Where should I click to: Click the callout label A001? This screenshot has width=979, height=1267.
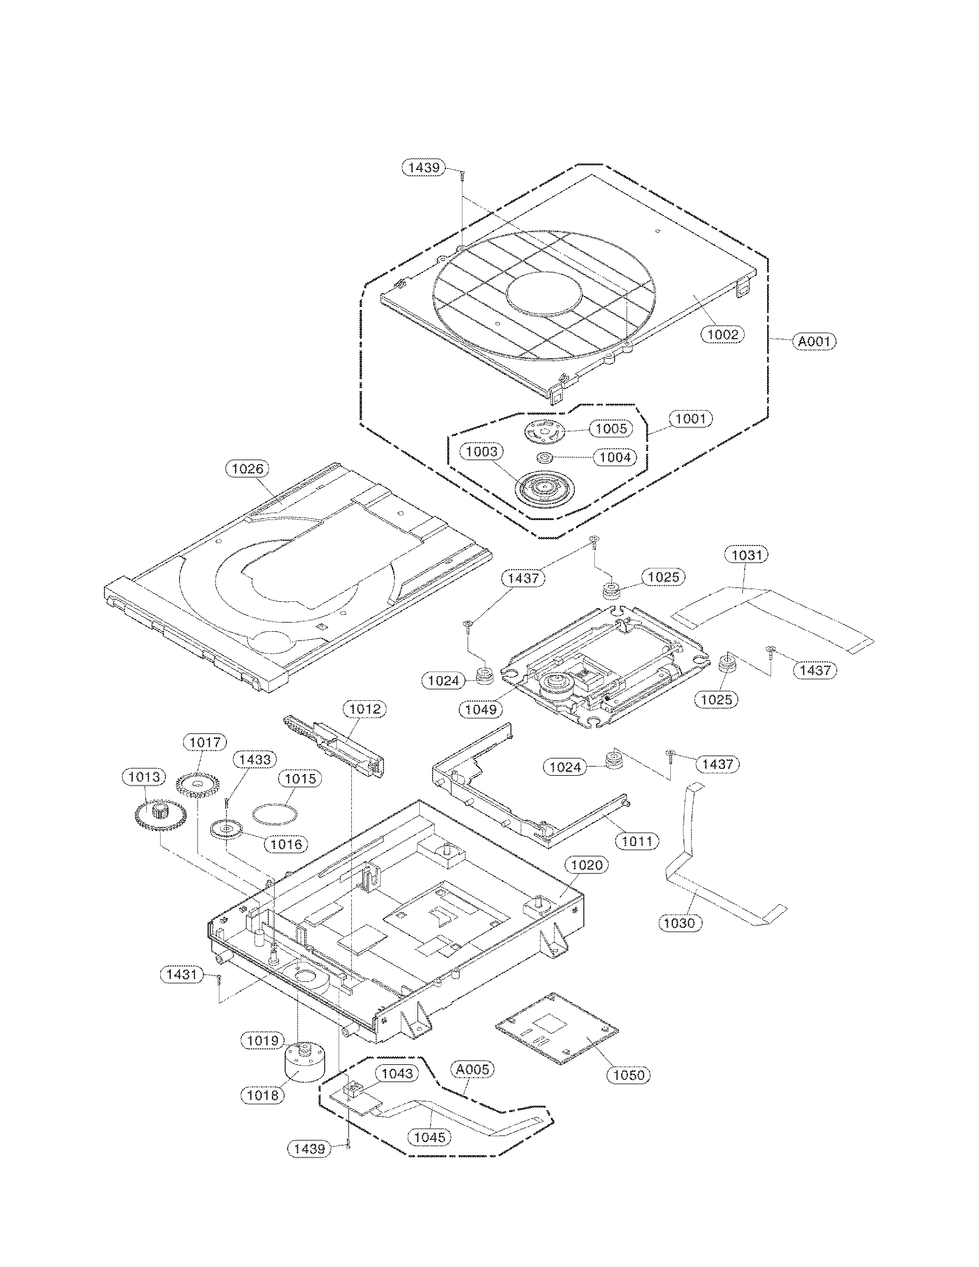pyautogui.click(x=815, y=342)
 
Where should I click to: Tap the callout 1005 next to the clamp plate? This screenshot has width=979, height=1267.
pyautogui.click(x=611, y=428)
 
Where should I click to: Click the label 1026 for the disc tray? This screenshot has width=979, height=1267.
pyautogui.click(x=248, y=469)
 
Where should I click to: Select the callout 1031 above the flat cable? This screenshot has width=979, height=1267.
pyautogui.click(x=746, y=555)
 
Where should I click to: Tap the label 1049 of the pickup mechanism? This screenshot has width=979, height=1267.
pyautogui.click(x=481, y=709)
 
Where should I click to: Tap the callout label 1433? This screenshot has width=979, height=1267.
pyautogui.click(x=256, y=759)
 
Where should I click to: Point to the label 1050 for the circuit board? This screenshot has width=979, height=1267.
pyautogui.click(x=629, y=1075)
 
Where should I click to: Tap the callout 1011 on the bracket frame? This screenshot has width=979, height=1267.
pyautogui.click(x=638, y=841)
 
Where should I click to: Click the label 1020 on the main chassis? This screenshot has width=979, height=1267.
pyautogui.click(x=587, y=881)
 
